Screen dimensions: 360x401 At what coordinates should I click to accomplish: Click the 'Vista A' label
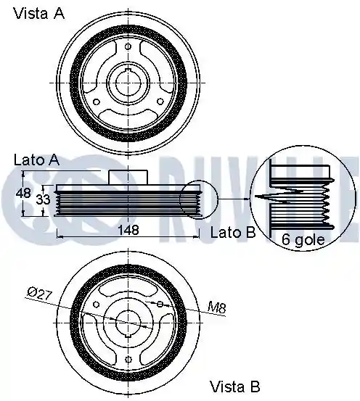[x=39, y=13]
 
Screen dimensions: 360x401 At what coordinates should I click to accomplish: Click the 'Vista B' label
[x=234, y=386]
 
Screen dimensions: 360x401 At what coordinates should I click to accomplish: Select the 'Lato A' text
[x=36, y=160]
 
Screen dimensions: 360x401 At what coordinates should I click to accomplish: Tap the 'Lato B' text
[x=233, y=233]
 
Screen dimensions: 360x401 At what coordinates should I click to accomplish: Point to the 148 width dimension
[x=128, y=230]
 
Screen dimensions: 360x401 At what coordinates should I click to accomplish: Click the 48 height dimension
[x=23, y=193]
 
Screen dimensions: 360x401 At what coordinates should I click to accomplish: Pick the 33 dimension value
[x=43, y=199]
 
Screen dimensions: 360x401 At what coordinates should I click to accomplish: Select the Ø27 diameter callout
[x=39, y=294]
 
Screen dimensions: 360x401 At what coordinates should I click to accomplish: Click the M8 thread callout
[x=216, y=307]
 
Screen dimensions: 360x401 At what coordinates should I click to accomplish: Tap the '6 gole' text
[x=303, y=239]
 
